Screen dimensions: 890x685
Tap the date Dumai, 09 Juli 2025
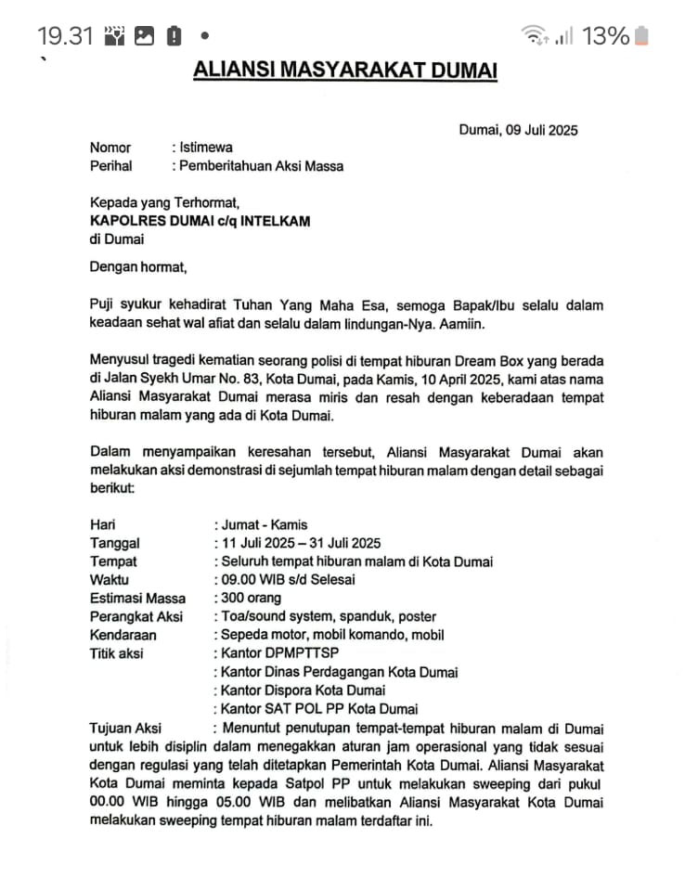tap(518, 130)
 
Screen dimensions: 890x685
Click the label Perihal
tap(110, 166)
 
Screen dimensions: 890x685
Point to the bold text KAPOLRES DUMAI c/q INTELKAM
tap(200, 221)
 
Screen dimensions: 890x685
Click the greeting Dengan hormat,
tap(138, 267)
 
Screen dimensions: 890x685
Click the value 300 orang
tap(252, 599)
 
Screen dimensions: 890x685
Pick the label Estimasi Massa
tap(137, 599)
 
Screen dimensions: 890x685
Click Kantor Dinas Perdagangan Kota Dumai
tap(339, 672)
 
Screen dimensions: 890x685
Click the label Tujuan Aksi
tap(125, 728)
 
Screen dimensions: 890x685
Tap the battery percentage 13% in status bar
tap(605, 36)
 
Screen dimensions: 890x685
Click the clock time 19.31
tap(66, 36)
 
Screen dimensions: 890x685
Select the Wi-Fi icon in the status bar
tap(535, 36)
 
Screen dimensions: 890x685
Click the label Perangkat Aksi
tap(136, 617)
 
